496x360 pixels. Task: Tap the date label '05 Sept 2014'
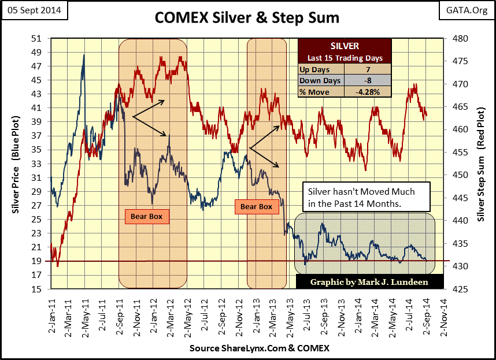34,10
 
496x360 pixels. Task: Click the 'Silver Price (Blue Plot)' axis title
17,164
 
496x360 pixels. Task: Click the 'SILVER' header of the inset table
344,46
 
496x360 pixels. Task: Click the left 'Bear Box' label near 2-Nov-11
147,217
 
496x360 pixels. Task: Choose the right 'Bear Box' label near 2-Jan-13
256,206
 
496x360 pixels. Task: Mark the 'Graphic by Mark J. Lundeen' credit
369,282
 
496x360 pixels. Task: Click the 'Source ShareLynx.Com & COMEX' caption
259,348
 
